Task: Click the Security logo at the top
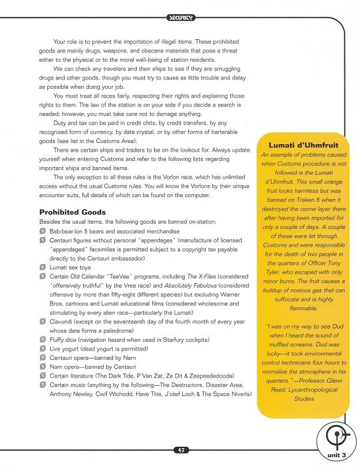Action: pos(181,18)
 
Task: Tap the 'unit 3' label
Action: pos(335,455)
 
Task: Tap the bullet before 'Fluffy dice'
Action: pos(43,339)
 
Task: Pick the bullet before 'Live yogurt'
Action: pos(43,348)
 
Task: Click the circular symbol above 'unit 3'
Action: pos(335,434)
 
